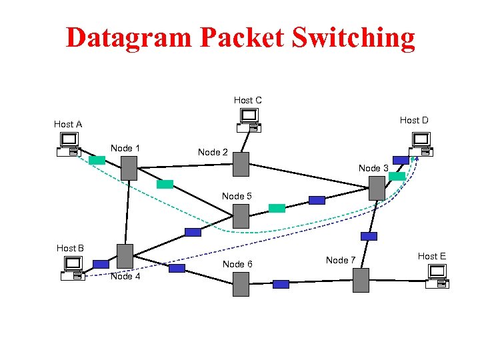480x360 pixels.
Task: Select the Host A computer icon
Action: tap(69, 144)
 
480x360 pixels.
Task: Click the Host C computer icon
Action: tap(248, 120)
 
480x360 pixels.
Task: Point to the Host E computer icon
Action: tap(437, 276)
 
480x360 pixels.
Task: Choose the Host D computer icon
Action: tap(420, 144)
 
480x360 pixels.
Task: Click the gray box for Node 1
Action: tap(129, 168)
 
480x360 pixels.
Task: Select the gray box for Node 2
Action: tap(241, 164)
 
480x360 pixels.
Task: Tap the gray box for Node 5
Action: tap(241, 216)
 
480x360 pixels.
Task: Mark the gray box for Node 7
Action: tap(361, 280)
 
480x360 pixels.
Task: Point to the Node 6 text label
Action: tap(237, 264)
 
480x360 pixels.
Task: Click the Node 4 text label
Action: tap(125, 276)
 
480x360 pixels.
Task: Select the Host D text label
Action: tap(414, 120)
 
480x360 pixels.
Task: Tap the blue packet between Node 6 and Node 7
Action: tap(281, 284)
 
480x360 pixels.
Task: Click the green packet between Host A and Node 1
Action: tap(97, 160)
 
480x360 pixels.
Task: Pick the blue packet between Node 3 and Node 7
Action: tap(369, 236)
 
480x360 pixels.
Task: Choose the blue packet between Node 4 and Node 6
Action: tap(177, 268)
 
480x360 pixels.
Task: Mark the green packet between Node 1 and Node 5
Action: tap(165, 184)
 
